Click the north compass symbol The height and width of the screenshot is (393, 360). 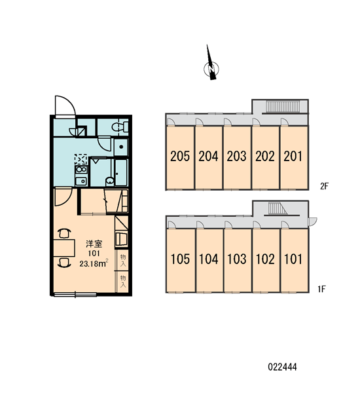pos(211,68)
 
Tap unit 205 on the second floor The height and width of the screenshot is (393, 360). pos(180,158)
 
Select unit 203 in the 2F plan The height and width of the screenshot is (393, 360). pos(237,158)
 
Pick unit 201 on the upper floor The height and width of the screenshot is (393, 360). pos(294,158)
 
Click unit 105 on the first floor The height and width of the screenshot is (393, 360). pos(181,261)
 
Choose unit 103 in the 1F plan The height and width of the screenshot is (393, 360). pos(237,261)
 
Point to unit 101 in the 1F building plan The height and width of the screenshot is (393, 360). pos(294,261)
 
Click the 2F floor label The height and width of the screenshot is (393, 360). pos(324,186)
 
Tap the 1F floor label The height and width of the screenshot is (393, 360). pos(321,289)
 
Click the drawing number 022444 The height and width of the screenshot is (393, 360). pos(282,367)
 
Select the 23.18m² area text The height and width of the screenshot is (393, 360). pos(94,263)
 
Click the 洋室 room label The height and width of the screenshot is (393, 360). pos(94,244)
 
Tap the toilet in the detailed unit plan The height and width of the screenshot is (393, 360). pos(120,127)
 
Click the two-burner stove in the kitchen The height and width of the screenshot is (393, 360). pos(81,170)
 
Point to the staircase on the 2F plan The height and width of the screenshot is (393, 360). pos(283,107)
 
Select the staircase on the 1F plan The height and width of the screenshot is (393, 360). pos(278,208)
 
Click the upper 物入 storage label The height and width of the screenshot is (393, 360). pos(123,260)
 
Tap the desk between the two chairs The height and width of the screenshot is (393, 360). pos(64,248)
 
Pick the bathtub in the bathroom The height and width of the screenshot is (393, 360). pos(121,172)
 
